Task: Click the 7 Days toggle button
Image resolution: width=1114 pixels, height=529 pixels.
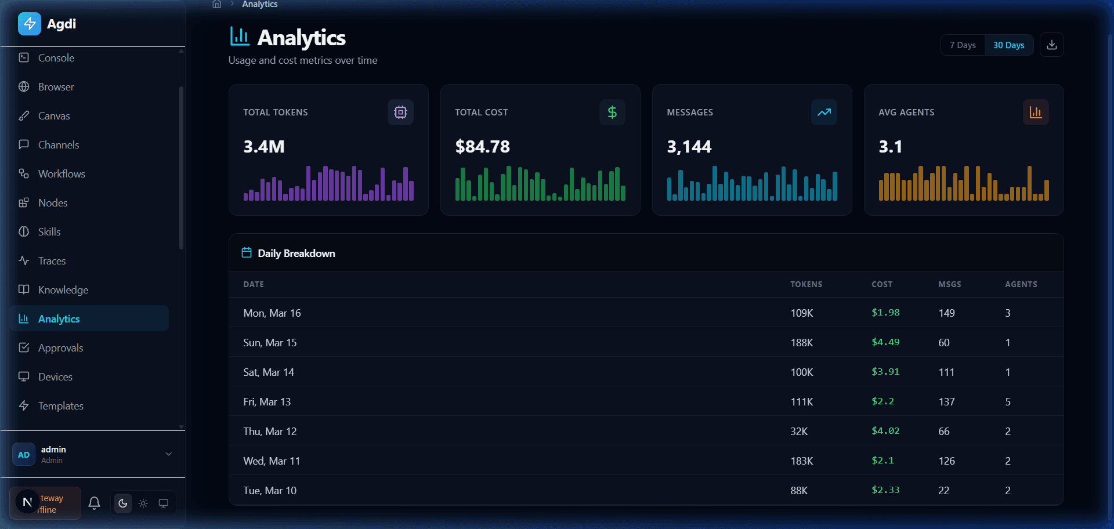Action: click(x=963, y=45)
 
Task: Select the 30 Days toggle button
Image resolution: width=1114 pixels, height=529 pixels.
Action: click(x=1008, y=45)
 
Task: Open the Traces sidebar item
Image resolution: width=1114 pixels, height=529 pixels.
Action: click(x=52, y=261)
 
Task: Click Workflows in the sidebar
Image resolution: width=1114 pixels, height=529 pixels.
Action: click(x=61, y=174)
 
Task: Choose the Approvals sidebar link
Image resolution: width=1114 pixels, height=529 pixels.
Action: click(x=60, y=348)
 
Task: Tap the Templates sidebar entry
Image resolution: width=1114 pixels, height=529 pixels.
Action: click(x=60, y=406)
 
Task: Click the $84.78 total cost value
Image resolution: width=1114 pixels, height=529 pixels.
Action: click(x=482, y=147)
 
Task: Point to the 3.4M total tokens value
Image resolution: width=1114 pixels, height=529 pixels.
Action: click(x=264, y=147)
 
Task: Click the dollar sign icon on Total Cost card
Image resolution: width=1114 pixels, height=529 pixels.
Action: click(x=612, y=113)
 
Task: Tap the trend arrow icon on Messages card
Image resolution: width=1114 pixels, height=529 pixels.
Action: click(x=824, y=113)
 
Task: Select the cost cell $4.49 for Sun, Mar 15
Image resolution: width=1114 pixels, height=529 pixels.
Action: click(x=885, y=342)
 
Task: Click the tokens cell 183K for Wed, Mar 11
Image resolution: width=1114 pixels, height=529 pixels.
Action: click(x=802, y=461)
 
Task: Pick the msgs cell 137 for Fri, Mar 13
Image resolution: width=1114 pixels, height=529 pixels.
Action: click(x=946, y=402)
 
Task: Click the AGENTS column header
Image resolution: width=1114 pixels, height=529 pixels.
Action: click(x=1021, y=284)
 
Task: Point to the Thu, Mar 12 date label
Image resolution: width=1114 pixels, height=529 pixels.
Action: click(x=270, y=432)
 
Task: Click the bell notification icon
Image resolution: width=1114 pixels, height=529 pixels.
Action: click(x=94, y=503)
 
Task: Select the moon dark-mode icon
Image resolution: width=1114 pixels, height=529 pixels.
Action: click(x=122, y=503)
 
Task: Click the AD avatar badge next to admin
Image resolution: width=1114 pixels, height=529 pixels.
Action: click(x=24, y=455)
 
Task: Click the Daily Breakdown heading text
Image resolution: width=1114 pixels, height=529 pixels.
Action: click(x=296, y=253)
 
